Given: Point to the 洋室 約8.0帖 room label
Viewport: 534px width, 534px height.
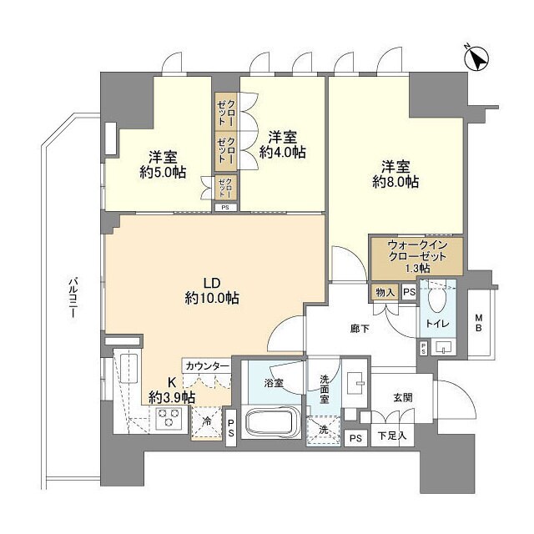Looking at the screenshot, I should click(395, 173).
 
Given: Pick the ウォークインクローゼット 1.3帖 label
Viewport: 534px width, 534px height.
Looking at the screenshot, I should click(417, 257).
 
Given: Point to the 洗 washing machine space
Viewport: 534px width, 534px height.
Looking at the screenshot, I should click(323, 431).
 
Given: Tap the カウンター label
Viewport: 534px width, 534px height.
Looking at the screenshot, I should click(208, 366).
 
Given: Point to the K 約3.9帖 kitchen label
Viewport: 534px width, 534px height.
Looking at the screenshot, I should click(172, 389).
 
